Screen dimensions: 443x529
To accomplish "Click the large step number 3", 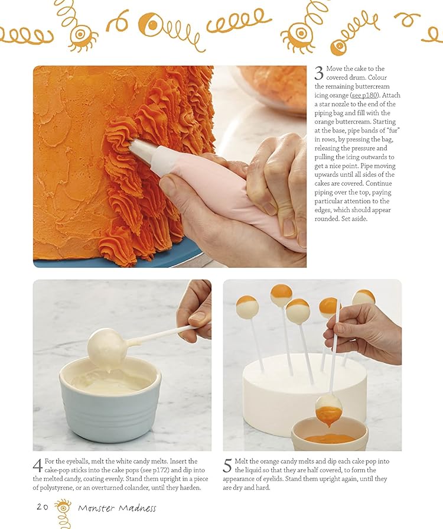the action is tap(319, 73).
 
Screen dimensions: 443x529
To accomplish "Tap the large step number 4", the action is tap(37, 466).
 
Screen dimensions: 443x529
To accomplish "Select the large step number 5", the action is tap(227, 466).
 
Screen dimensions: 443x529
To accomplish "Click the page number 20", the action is tap(43, 507).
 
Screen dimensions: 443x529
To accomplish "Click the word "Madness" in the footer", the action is tap(138, 508).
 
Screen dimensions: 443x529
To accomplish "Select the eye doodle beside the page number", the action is tap(63, 507).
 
